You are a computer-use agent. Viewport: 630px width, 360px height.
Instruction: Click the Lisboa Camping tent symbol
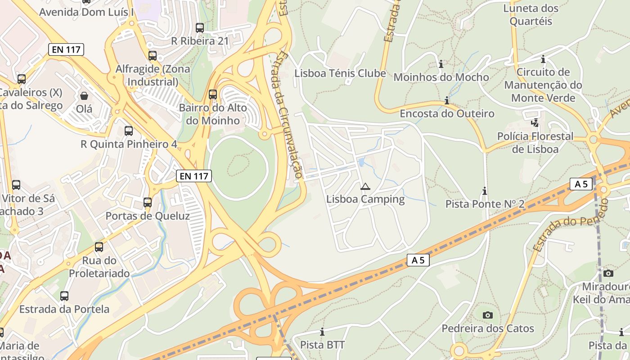coord(365,186)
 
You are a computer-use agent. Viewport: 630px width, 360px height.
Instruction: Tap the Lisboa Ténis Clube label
coord(340,73)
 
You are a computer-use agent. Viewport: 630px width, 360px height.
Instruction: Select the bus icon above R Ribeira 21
coord(200,28)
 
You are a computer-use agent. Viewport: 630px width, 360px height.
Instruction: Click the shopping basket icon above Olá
coord(84,95)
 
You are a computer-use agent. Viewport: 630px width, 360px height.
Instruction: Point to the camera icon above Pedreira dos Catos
coord(487,315)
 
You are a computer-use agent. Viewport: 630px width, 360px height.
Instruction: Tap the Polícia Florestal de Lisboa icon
coord(535,122)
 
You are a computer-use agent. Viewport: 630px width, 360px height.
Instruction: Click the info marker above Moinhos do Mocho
coord(441,64)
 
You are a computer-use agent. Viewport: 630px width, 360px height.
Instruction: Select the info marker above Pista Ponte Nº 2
coord(485,191)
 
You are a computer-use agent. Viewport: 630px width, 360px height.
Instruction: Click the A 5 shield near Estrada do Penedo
coord(580,184)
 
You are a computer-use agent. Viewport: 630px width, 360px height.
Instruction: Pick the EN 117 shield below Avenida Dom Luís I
coord(66,49)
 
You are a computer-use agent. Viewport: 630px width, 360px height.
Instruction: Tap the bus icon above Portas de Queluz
coord(148,202)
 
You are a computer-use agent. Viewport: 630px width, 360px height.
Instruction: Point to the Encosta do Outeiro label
coord(447,113)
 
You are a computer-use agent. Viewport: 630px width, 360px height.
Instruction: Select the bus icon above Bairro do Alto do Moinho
coord(213,94)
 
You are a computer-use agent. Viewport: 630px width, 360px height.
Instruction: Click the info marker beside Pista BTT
coord(322,332)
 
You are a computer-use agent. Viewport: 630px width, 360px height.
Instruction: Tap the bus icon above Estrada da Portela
coord(64,296)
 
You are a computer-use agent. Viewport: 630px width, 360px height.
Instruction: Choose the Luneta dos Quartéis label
coord(531,14)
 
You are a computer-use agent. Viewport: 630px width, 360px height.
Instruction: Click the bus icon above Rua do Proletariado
coord(99,247)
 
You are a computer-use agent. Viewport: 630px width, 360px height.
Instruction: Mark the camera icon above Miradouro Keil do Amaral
coord(608,273)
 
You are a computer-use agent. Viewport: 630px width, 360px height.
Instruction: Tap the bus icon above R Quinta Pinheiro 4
coord(129,131)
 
